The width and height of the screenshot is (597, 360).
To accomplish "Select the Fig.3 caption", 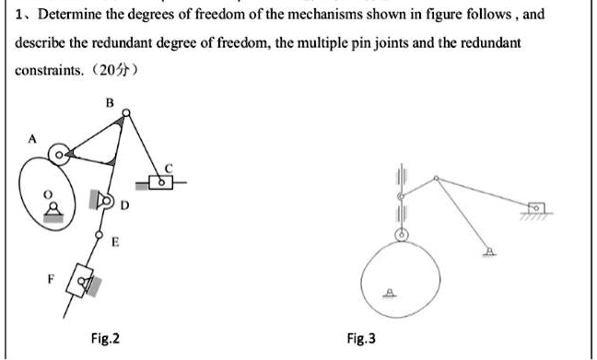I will pos(360,339).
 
